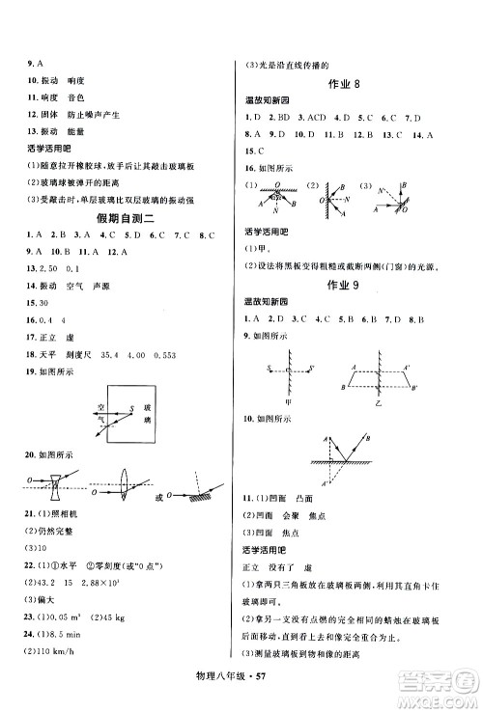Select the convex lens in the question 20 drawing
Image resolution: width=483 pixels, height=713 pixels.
[x=127, y=480]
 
